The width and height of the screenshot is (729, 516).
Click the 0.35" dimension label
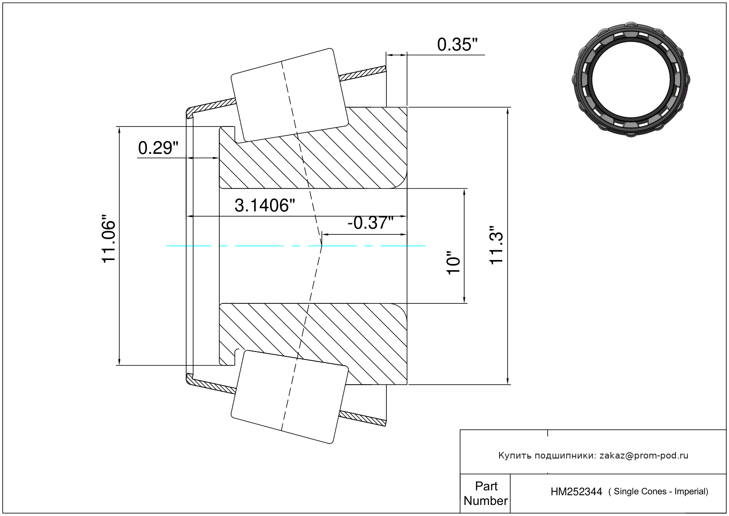point(457,45)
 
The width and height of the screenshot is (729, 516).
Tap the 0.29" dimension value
point(158,148)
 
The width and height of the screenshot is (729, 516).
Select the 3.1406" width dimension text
point(265,206)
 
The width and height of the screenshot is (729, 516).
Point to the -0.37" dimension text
point(370,223)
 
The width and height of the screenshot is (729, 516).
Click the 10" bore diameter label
point(453,263)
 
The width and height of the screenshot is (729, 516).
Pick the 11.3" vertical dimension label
point(496,245)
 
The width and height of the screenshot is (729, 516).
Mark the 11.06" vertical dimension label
point(109,239)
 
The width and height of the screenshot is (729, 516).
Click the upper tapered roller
point(290,96)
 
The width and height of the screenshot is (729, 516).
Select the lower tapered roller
point(290,397)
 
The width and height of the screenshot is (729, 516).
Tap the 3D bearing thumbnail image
point(631,80)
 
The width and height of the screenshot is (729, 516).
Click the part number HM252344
point(576,492)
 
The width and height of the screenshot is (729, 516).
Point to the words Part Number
point(485,493)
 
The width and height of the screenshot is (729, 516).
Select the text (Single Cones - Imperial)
point(658,492)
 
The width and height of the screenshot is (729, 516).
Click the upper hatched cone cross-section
point(313,148)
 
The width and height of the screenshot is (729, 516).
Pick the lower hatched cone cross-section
point(313,344)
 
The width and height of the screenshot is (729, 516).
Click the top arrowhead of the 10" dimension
point(464,191)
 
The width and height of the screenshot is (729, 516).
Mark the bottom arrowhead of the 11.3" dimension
point(508,381)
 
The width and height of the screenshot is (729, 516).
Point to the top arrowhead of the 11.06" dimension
point(119,130)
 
